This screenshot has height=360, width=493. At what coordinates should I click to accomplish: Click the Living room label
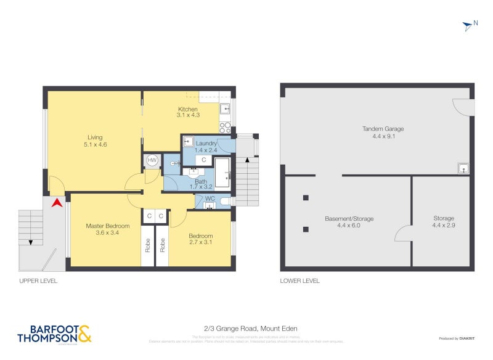click(x=95, y=137)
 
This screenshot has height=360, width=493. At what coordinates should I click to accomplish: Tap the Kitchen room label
click(x=188, y=109)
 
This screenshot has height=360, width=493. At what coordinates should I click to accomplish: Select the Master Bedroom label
click(x=107, y=226)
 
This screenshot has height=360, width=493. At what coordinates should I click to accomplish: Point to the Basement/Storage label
click(x=349, y=219)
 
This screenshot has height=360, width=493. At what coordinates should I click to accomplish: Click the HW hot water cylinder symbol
click(x=152, y=161)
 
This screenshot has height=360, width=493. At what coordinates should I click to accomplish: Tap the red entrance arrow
click(x=57, y=202)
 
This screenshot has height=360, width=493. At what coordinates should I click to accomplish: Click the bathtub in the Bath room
click(x=222, y=172)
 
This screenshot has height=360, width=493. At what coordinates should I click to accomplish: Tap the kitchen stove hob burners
click(x=226, y=128)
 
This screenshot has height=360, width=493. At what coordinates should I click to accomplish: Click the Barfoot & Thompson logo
click(x=54, y=333)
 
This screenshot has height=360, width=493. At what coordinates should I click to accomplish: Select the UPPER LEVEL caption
click(x=38, y=281)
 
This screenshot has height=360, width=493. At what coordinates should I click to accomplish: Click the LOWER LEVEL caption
click(x=299, y=281)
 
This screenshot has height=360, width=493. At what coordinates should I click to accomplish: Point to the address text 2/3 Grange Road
click(x=246, y=328)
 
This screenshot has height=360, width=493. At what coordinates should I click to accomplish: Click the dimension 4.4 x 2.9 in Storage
click(x=443, y=226)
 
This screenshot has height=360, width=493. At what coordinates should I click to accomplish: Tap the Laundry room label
click(x=206, y=144)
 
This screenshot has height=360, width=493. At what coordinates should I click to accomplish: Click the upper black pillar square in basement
click(x=306, y=198)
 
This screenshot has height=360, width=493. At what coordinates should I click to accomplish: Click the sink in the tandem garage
click(x=463, y=167)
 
